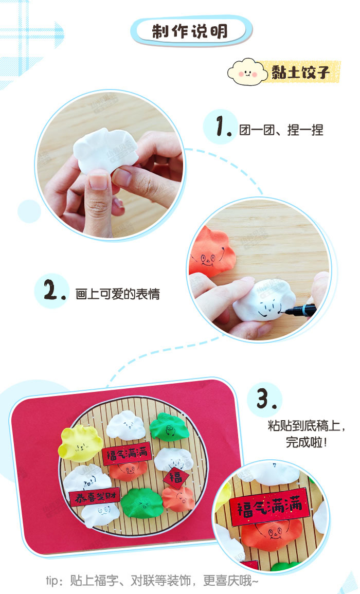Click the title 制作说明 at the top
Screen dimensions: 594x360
tap(190, 31)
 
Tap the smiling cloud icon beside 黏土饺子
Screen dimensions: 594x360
tap(247, 73)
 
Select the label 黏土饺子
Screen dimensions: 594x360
tap(300, 73)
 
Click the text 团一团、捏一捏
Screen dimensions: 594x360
tap(281, 129)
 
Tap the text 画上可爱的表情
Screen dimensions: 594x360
tap(117, 294)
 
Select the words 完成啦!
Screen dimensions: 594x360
tap(307, 442)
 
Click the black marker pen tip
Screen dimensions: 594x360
tap(289, 311)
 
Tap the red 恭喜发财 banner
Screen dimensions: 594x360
tap(95, 497)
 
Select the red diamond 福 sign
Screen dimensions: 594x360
tap(175, 478)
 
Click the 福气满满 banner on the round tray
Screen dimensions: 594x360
tap(127, 454)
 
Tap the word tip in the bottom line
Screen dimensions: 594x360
tap(52, 581)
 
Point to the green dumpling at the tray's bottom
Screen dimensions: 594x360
tap(141, 502)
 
